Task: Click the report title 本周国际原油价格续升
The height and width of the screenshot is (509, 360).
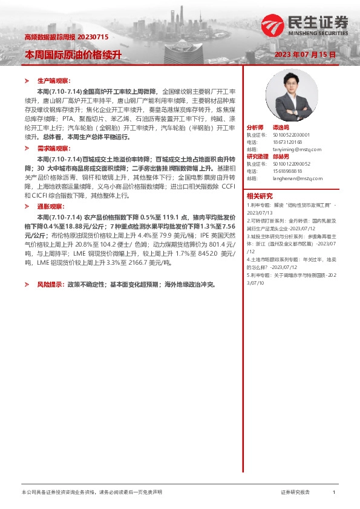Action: point(73,54)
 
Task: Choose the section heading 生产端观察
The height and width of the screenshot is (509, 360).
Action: point(54,80)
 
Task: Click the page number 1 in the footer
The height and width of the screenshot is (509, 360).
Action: point(333,493)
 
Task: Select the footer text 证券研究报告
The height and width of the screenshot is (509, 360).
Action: point(295,493)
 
